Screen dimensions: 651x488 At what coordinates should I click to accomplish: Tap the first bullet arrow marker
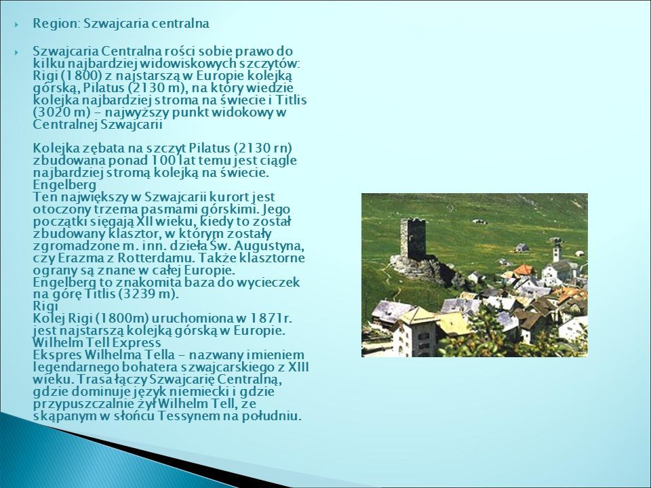click(x=16, y=24)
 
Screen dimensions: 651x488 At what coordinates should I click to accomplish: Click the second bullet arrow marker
click(x=16, y=52)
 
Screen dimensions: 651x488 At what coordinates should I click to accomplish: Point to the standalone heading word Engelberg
click(x=64, y=184)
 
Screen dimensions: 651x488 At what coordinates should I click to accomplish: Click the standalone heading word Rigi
click(x=45, y=306)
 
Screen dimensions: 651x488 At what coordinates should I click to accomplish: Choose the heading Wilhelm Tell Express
click(x=97, y=343)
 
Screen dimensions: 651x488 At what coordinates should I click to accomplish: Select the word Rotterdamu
click(x=156, y=258)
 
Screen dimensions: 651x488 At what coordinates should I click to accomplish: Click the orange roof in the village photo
click(x=523, y=270)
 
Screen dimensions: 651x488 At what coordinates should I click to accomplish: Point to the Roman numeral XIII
click(x=298, y=367)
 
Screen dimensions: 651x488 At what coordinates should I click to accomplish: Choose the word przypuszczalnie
click(x=83, y=404)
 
